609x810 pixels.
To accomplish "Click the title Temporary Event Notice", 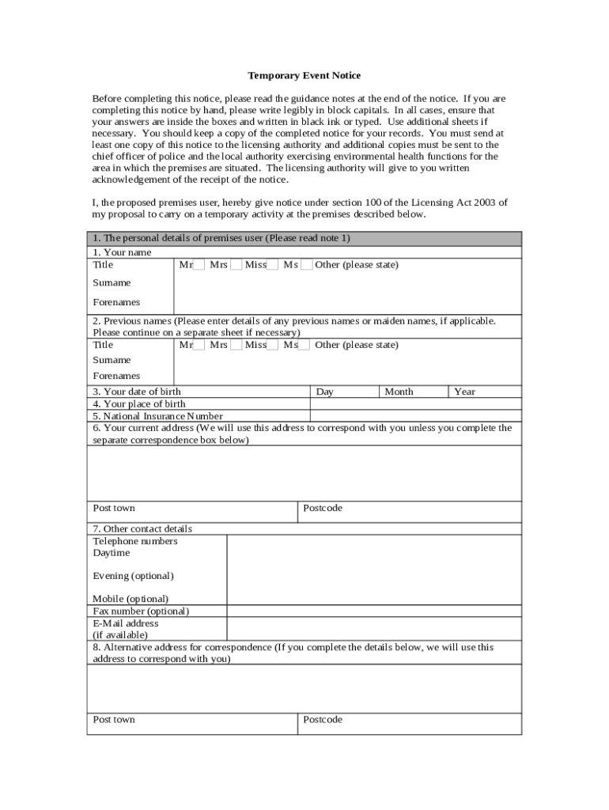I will coord(304,75).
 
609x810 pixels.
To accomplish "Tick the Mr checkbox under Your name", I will coord(199,265).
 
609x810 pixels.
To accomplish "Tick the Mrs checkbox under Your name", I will coord(236,265).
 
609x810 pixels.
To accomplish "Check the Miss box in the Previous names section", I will coord(272,345).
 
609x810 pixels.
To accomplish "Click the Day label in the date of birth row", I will coord(324,392).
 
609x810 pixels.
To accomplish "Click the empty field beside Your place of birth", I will coord(415,403).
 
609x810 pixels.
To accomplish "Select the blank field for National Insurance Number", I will coord(415,416).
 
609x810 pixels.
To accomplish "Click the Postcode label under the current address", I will coord(323,508).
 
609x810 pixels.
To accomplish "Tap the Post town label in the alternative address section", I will coord(114,719).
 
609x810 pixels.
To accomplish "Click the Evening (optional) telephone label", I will coord(133,575).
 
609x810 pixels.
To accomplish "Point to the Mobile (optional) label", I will coord(130,599).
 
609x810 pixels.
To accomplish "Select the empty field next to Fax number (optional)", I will coord(373,611).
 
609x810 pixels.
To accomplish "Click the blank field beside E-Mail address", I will coord(373,629).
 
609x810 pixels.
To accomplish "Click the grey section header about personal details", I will coord(304,238).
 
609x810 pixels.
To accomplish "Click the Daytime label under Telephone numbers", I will coord(112,553).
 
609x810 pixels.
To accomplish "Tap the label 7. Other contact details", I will coord(142,528).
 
